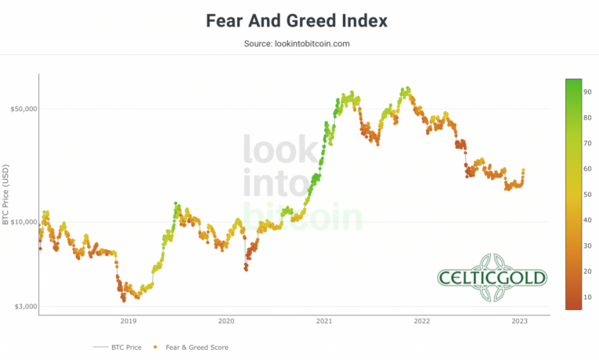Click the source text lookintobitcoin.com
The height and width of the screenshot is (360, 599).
tap(297, 44)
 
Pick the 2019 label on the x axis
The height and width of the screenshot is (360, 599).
tap(128, 321)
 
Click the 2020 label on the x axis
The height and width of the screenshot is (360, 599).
tap(226, 321)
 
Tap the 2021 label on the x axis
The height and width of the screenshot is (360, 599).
tap(324, 321)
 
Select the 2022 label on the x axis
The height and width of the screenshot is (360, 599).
tap(422, 321)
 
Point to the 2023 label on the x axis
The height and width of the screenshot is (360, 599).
tap(519, 321)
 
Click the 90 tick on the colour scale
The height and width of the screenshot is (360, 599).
tap(587, 92)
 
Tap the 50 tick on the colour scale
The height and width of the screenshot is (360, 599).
tap(587, 195)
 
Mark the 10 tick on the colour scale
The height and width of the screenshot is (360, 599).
tap(587, 297)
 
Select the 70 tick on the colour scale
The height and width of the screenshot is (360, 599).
tap(587, 143)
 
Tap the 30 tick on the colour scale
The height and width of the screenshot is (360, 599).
tap(587, 246)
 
